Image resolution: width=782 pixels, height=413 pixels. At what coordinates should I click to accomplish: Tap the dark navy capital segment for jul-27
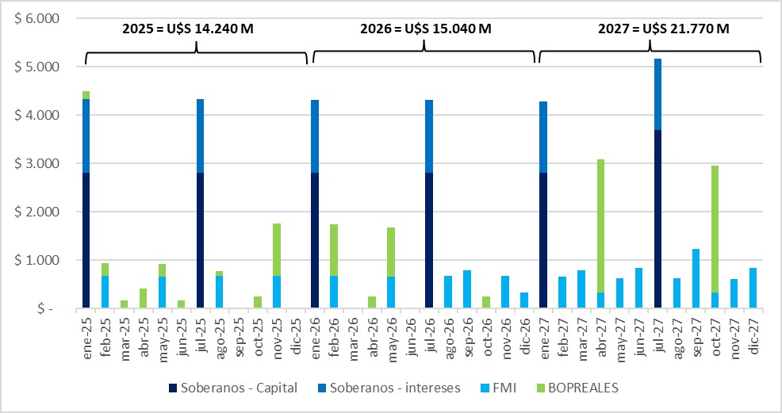coord(657,219)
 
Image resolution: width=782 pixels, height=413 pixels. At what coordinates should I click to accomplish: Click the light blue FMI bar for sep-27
coord(696,278)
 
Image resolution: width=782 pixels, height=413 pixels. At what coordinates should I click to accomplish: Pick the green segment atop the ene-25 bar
coord(86,95)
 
